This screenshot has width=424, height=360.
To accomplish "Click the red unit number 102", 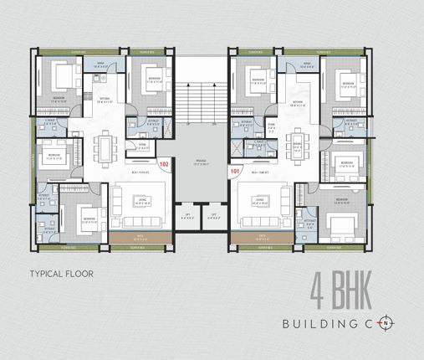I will tap(165, 165).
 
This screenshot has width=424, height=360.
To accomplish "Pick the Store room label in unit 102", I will tap(142, 145).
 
